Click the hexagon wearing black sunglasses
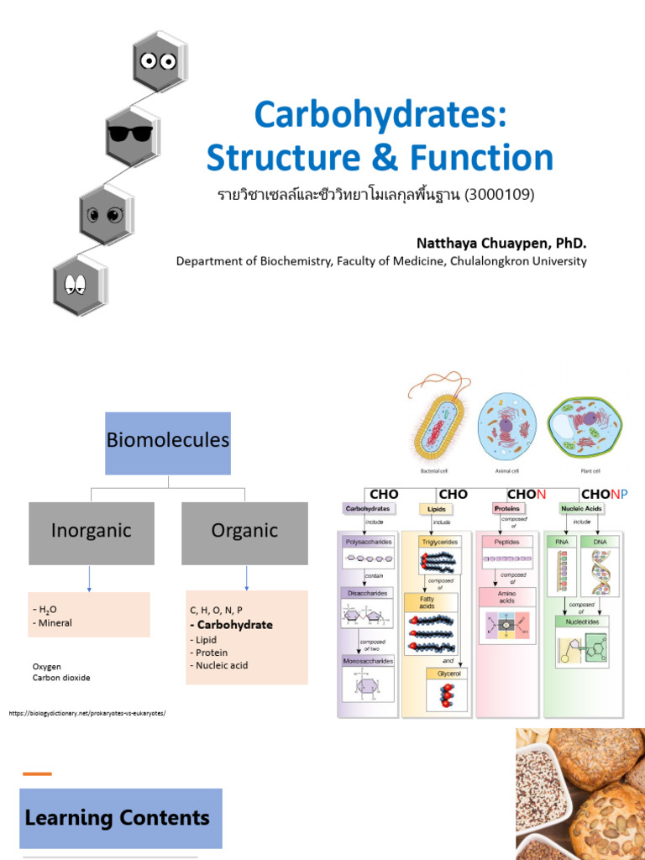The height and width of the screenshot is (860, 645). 131,134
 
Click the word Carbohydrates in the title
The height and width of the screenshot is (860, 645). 380,115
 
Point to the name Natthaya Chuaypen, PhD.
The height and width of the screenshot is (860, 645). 501,243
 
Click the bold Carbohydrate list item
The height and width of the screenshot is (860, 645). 231,625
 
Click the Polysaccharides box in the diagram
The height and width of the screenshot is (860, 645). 367,543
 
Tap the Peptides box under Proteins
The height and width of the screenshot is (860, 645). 507,543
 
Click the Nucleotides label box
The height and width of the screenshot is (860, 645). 582,621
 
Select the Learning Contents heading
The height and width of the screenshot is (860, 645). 118,817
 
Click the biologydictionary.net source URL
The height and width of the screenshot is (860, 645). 88,713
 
